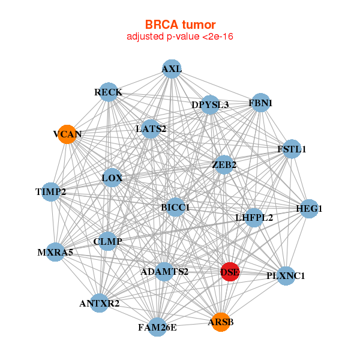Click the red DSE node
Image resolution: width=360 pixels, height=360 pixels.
[x=230, y=272]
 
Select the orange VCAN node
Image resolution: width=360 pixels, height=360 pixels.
[x=68, y=134]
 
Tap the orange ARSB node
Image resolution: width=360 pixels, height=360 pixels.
[x=220, y=322]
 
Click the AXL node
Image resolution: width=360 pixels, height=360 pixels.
[x=172, y=69]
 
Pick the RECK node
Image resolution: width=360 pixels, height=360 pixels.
[x=108, y=92]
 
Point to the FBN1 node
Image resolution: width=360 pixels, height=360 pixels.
[x=260, y=103]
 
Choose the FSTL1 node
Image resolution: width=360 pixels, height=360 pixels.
[x=291, y=149]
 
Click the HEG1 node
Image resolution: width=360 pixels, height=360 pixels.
[x=309, y=209]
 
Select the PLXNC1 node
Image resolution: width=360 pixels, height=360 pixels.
[x=286, y=276]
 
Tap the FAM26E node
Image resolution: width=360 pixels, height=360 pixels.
[x=157, y=327]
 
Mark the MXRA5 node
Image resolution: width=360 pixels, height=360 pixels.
[x=56, y=252]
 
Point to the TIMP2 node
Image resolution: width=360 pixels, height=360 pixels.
[x=51, y=192]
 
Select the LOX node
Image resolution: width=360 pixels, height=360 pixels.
[x=112, y=178]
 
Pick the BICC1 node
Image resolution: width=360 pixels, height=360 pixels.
[x=175, y=207]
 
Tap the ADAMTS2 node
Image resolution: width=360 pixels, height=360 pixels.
[x=164, y=272]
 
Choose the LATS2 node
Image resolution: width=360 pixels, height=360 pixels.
[x=151, y=128]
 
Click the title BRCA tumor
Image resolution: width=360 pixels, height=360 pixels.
[x=180, y=25]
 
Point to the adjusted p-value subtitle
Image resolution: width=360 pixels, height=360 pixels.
[x=180, y=37]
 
